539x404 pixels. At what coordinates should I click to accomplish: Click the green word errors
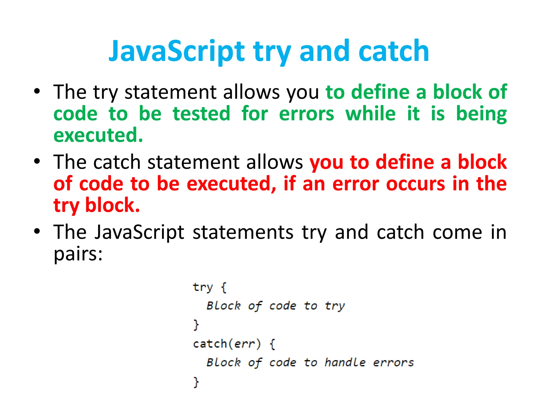[306, 114]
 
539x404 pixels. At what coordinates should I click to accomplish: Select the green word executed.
[98, 135]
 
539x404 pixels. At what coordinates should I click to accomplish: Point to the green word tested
[201, 114]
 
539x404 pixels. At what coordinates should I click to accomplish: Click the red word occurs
[416, 184]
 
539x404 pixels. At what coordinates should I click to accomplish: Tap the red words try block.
[96, 205]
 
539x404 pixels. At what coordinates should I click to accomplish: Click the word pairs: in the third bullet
[78, 254]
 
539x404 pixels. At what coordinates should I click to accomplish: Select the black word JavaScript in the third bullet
[139, 232]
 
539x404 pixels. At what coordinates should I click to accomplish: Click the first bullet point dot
[37, 91]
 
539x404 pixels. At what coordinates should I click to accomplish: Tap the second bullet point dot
[37, 161]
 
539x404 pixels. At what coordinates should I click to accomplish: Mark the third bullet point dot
[37, 231]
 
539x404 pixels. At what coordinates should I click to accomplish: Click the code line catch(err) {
[234, 344]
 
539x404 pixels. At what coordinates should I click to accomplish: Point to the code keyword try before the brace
[202, 287]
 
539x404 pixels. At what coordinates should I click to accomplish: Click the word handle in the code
[345, 362]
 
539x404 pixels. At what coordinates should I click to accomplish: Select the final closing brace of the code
[196, 382]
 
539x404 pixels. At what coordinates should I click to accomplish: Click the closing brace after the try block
[196, 325]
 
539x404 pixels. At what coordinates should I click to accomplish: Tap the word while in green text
[370, 114]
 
